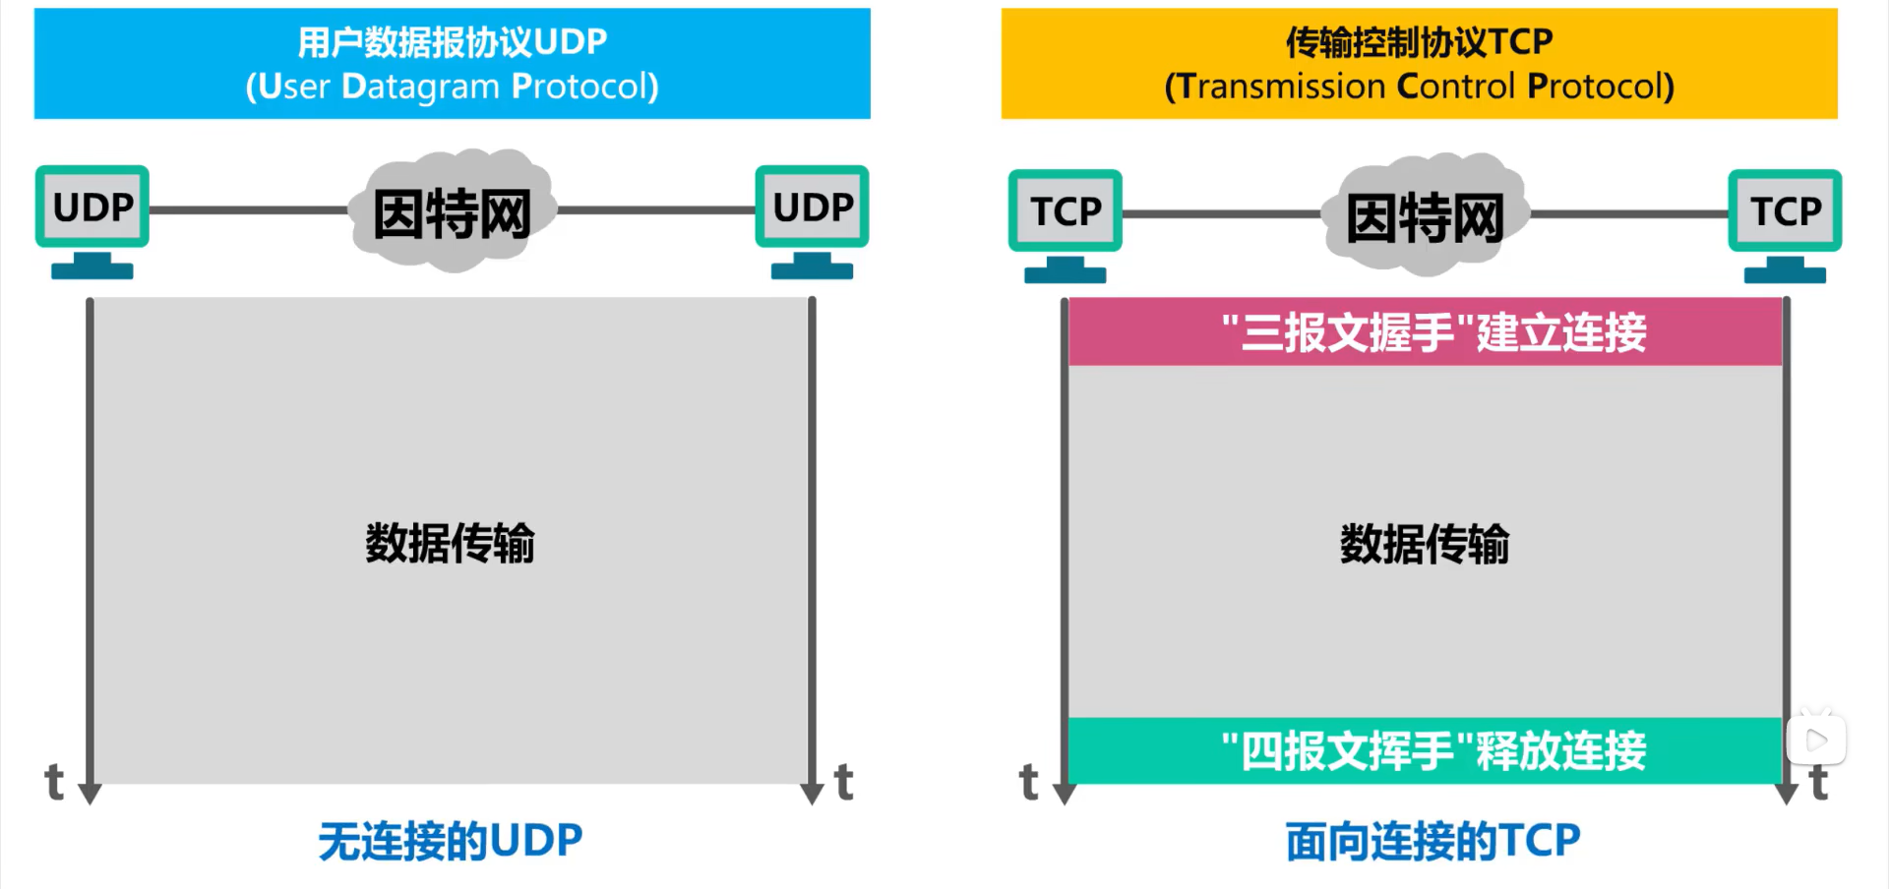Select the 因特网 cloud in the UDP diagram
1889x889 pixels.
[x=452, y=212]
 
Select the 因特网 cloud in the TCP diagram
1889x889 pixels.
[x=1425, y=216]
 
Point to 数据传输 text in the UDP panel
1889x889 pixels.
[x=450, y=543]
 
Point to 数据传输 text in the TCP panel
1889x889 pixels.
[x=1424, y=543]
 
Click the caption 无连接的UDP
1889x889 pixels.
[x=450, y=842]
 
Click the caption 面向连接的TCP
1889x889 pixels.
[x=1432, y=842]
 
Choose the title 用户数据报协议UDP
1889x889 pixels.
[x=453, y=42]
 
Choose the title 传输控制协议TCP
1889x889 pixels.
[x=1419, y=42]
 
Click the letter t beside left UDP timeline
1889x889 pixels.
[x=55, y=783]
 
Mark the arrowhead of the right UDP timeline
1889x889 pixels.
[x=812, y=793]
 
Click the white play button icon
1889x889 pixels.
[x=1816, y=740]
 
